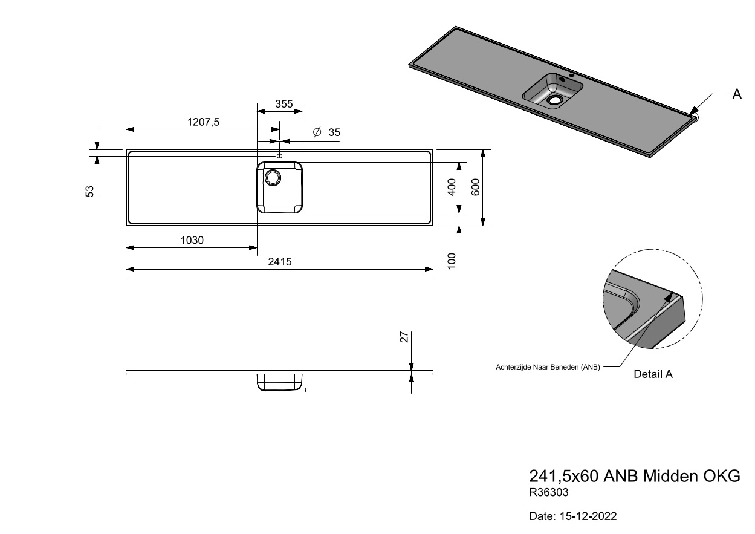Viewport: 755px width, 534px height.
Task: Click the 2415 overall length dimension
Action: [280, 262]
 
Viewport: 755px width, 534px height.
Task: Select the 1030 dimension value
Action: [192, 240]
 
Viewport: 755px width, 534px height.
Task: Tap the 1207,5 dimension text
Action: [203, 122]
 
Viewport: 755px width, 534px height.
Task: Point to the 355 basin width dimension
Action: [284, 104]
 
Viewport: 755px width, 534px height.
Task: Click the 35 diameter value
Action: [334, 132]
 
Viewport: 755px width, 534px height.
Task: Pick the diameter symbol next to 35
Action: [317, 132]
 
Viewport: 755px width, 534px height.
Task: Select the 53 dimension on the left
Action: [89, 191]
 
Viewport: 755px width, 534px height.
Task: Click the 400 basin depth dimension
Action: [452, 187]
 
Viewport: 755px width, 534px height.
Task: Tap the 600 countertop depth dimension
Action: [475, 187]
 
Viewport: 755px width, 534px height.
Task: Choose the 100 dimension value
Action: [452, 261]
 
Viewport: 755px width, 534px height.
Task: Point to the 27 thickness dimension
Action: [404, 337]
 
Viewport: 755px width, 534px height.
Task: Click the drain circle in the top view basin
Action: [273, 177]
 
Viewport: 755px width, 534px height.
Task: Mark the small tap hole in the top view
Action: [279, 156]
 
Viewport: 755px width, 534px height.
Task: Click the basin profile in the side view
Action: [280, 382]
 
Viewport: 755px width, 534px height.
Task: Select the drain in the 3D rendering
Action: [554, 100]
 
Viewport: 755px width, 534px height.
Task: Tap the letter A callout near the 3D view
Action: [737, 94]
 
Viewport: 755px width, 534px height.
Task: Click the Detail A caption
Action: [653, 374]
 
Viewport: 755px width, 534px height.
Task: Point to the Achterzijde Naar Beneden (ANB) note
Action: [548, 367]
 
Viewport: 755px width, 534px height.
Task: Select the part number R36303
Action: [549, 492]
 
